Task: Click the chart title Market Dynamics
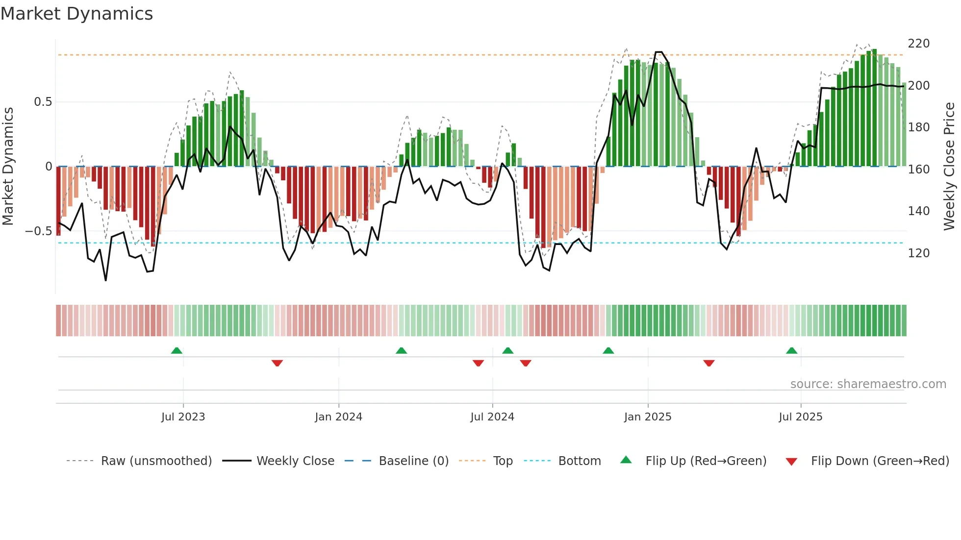pyautogui.click(x=76, y=14)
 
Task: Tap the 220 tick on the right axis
pyautogui.click(x=918, y=44)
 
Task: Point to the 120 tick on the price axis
pyautogui.click(x=918, y=253)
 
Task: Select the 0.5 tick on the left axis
pyautogui.click(x=43, y=102)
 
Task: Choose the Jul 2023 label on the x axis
pyautogui.click(x=183, y=417)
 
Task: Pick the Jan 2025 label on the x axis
pyautogui.click(x=647, y=417)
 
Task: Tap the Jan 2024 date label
pyautogui.click(x=338, y=417)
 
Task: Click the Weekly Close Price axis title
pyautogui.click(x=949, y=167)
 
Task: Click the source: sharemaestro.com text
pyautogui.click(x=868, y=384)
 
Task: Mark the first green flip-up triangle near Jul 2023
pyautogui.click(x=177, y=350)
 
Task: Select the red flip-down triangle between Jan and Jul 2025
pyautogui.click(x=708, y=363)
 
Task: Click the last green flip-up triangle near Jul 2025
pyautogui.click(x=791, y=350)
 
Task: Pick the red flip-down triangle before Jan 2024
pyautogui.click(x=277, y=363)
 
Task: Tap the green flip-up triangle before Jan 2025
pyautogui.click(x=608, y=350)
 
